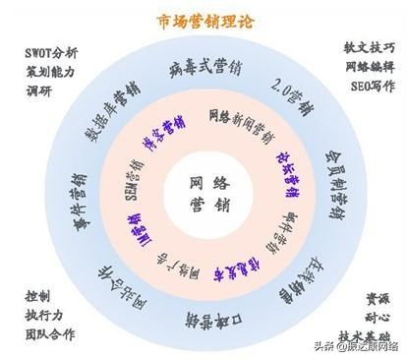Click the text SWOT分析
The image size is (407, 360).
pos(49,50)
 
